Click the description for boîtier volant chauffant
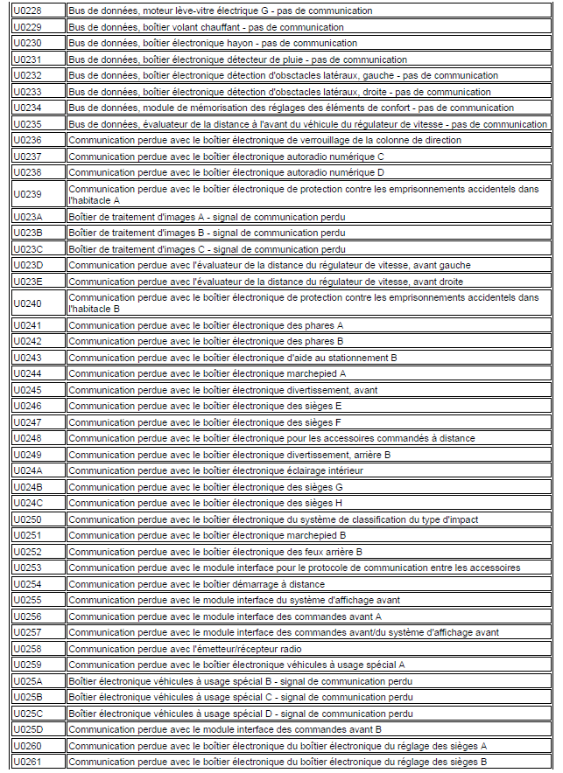(206, 27)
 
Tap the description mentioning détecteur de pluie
(237, 59)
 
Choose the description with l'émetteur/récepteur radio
(185, 649)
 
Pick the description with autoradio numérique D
(226, 172)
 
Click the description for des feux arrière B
(215, 552)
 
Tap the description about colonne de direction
(264, 140)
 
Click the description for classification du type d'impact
(273, 519)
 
